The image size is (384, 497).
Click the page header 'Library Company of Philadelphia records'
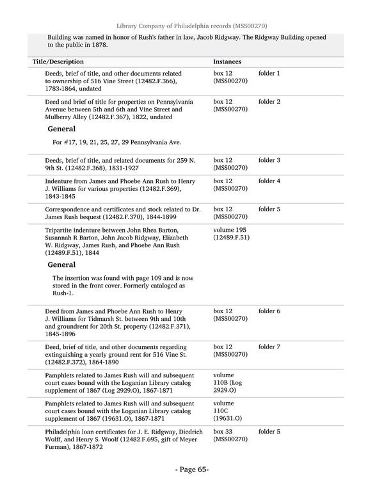[x=192, y=26]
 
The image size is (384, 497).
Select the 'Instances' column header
[x=227, y=61]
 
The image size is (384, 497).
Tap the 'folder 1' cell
[x=269, y=74]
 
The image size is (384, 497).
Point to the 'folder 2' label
[x=269, y=102]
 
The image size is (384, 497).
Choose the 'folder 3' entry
[x=269, y=160]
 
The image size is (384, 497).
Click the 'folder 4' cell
[x=269, y=181]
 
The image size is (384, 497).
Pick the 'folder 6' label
[x=269, y=311]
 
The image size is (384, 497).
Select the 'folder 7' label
[x=269, y=346]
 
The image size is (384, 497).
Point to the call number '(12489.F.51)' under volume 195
[x=231, y=238]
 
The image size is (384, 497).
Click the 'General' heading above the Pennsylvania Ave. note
[x=62, y=129]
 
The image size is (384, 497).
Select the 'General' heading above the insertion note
[x=62, y=265]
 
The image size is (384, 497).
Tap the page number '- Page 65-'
[x=192, y=469]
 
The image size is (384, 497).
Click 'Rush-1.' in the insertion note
[x=63, y=293]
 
